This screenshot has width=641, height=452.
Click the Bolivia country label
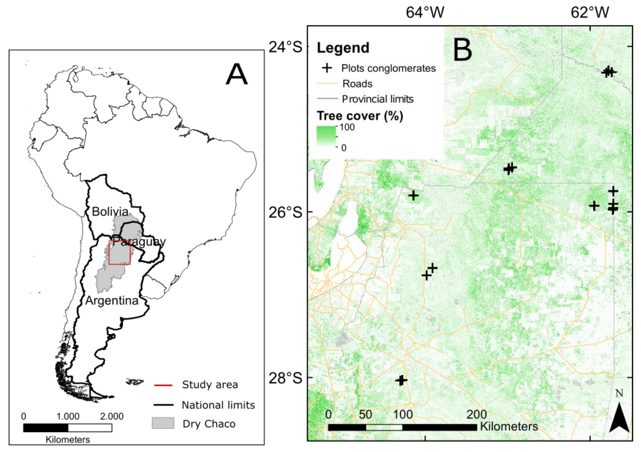coord(110,211)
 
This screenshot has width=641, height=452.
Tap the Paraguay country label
coord(139,242)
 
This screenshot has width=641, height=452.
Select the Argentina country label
coord(112,300)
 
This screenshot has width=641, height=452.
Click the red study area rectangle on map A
coord(120,252)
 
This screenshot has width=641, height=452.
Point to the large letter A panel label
coord(236,74)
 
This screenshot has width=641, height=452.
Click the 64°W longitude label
coord(425,13)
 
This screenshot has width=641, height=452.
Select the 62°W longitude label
coord(590,13)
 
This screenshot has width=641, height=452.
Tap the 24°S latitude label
coord(285,47)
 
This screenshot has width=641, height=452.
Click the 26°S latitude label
coord(285,212)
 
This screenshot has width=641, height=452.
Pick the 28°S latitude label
coord(285,378)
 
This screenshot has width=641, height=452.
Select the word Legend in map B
coord(343,48)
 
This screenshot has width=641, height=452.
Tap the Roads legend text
coord(357,84)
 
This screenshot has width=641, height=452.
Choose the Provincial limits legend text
coord(378,99)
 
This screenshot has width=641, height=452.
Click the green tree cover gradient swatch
coord(326,136)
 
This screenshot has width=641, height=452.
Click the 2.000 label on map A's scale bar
coord(112,416)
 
